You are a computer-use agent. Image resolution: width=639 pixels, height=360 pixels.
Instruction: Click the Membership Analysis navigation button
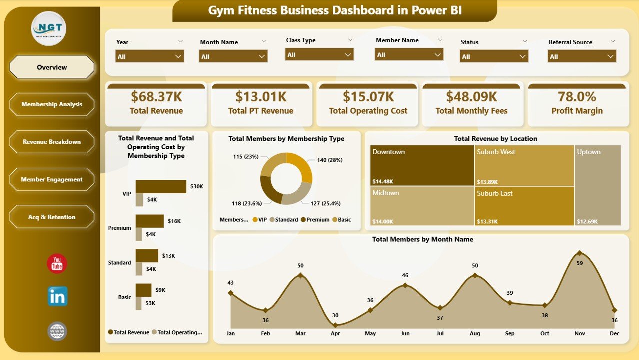click(52, 104)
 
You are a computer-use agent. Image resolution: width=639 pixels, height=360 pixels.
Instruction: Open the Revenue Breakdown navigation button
click(52, 142)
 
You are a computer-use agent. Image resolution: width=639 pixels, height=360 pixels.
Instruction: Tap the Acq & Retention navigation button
click(52, 217)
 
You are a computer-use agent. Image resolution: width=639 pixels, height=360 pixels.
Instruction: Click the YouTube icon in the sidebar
click(57, 264)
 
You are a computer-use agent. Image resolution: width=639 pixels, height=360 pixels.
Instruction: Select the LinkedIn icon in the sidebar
click(57, 296)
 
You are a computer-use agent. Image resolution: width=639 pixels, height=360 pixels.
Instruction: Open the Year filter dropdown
click(149, 56)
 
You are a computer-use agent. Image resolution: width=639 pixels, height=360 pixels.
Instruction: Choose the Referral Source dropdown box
click(582, 56)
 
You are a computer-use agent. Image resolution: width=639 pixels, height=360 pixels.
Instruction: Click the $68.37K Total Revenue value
click(156, 96)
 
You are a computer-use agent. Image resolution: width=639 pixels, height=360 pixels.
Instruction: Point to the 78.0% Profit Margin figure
click(577, 96)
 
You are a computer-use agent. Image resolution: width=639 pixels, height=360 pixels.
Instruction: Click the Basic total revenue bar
click(143, 290)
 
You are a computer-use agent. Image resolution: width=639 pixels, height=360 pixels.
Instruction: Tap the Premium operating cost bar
click(139, 234)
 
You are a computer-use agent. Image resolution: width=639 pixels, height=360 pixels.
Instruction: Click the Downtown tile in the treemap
click(422, 165)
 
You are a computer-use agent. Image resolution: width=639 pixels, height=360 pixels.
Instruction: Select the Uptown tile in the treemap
click(598, 185)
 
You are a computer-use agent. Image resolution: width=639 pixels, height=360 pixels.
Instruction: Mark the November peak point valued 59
click(579, 253)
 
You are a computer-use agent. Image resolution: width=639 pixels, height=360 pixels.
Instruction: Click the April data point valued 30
click(335, 325)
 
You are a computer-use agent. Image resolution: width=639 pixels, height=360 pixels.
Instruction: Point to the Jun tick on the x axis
click(405, 333)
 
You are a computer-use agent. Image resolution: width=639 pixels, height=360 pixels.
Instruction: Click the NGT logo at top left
click(49, 29)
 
